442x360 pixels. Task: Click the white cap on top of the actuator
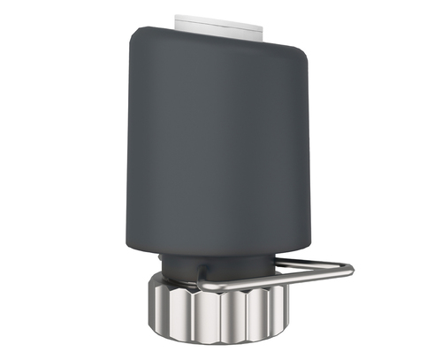[221, 21]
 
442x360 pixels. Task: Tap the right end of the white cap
[263, 24]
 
